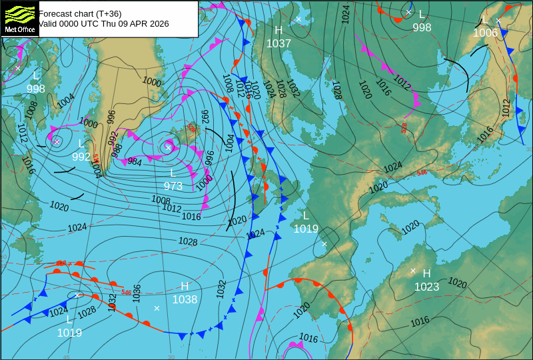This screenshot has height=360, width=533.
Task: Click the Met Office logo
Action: [x=19, y=19]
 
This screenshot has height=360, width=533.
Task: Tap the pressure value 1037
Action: [x=278, y=43]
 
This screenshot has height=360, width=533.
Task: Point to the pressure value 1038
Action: [x=185, y=299]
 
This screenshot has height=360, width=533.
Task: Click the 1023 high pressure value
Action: [x=426, y=287]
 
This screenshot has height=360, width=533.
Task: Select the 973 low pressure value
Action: [x=173, y=186]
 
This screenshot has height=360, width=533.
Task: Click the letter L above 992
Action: [x=81, y=144]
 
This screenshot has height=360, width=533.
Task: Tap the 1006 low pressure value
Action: [x=485, y=33]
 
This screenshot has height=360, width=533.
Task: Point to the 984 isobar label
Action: [x=135, y=161]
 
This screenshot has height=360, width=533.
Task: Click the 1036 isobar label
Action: [x=137, y=293]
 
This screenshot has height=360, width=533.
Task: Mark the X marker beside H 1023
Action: [x=413, y=271]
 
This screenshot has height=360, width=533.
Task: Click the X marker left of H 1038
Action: [x=157, y=308]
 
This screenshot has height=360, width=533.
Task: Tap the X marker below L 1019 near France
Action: [x=324, y=244]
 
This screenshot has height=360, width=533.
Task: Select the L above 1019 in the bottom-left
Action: [x=69, y=320]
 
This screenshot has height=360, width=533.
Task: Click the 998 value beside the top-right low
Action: [x=422, y=27]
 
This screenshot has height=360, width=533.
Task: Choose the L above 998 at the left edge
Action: [x=36, y=75]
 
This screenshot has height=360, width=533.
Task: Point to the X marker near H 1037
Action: [x=298, y=19]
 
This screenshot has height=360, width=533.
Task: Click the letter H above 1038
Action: [x=185, y=286]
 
